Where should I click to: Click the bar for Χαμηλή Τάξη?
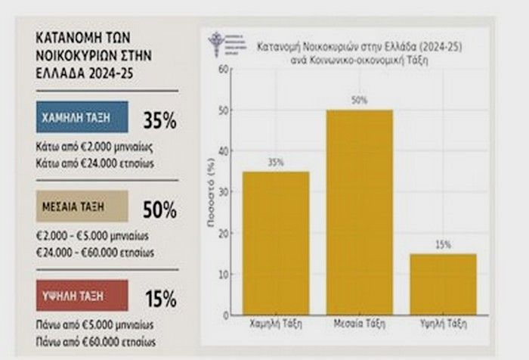[275, 242]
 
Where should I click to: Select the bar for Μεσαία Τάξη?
[359, 212]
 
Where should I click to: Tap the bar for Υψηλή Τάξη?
[444, 284]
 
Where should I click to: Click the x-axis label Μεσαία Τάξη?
[359, 324]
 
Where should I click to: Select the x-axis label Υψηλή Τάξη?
[444, 324]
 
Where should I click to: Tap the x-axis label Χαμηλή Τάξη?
[275, 324]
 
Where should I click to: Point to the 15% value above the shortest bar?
[444, 244]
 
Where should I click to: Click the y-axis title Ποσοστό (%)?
[211, 193]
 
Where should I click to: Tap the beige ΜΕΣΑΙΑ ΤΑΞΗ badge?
[82, 206]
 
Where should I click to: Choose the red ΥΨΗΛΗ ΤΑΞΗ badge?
[82, 296]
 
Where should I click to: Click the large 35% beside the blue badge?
[159, 119]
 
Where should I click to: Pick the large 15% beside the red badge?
[159, 298]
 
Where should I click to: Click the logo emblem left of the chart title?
[218, 42]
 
